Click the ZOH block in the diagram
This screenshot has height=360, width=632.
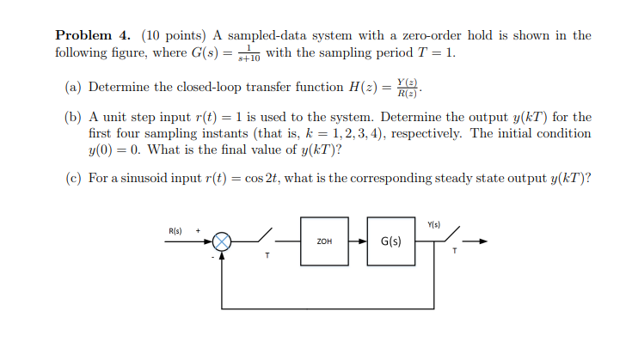click(324, 241)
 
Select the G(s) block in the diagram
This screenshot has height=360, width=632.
click(390, 241)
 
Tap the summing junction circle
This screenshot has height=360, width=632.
click(224, 241)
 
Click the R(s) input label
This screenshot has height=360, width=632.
click(175, 230)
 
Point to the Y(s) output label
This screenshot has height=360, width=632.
click(434, 225)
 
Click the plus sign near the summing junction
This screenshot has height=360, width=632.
click(199, 230)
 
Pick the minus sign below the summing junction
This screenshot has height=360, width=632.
click(213, 254)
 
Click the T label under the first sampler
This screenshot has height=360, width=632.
click(267, 255)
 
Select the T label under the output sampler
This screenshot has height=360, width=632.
click(454, 252)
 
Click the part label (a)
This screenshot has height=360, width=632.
click(75, 88)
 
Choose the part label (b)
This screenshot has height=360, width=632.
click(75, 117)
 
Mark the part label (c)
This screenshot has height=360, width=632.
click(75, 178)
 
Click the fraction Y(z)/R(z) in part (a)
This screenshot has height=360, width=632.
click(407, 87)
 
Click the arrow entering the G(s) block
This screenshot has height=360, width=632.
click(361, 241)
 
